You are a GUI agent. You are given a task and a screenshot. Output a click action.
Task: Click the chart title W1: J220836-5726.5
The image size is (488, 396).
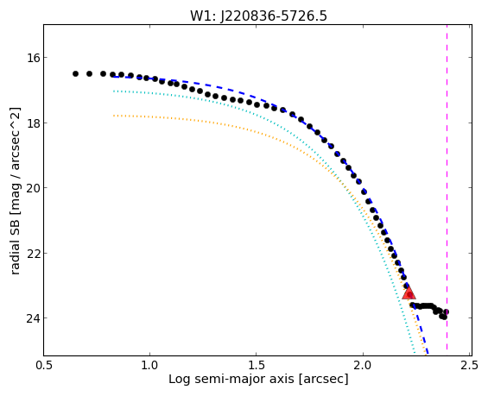pyautogui.click(x=258, y=16)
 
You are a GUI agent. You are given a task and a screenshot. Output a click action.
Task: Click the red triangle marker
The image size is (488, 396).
pyautogui.click(x=409, y=292)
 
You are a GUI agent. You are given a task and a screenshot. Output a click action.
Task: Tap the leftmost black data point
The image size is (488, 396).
pyautogui.click(x=75, y=73)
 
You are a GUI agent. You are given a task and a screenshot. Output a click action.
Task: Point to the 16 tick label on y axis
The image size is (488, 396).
pyautogui.click(x=32, y=58)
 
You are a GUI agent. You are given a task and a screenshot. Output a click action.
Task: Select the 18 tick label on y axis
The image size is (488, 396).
pyautogui.click(x=32, y=123)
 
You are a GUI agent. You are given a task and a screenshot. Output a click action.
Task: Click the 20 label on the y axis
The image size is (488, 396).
pyautogui.click(x=32, y=188)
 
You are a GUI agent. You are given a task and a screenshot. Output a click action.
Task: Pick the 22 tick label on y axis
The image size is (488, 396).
pyautogui.click(x=32, y=253)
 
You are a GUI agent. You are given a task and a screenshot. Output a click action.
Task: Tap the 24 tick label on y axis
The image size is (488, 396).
pyautogui.click(x=32, y=318)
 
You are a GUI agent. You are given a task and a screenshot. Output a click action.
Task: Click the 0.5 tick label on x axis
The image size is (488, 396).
pyautogui.click(x=44, y=366)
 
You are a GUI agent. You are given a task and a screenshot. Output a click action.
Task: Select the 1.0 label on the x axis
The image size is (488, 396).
pyautogui.click(x=150, y=366)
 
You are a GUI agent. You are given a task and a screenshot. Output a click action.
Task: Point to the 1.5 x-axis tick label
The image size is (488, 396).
pyautogui.click(x=257, y=366)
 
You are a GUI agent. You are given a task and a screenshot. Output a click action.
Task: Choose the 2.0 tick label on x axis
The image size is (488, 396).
pyautogui.click(x=363, y=366)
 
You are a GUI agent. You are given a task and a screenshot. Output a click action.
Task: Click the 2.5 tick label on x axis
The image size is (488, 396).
pyautogui.click(x=469, y=366)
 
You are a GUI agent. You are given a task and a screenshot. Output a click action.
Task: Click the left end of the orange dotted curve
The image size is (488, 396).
pyautogui.click(x=114, y=116)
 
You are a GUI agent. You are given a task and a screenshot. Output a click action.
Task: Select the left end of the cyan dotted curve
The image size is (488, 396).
pyautogui.click(x=114, y=91)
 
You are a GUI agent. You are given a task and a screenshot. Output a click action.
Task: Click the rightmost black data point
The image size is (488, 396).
pyautogui.click(x=446, y=311)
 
